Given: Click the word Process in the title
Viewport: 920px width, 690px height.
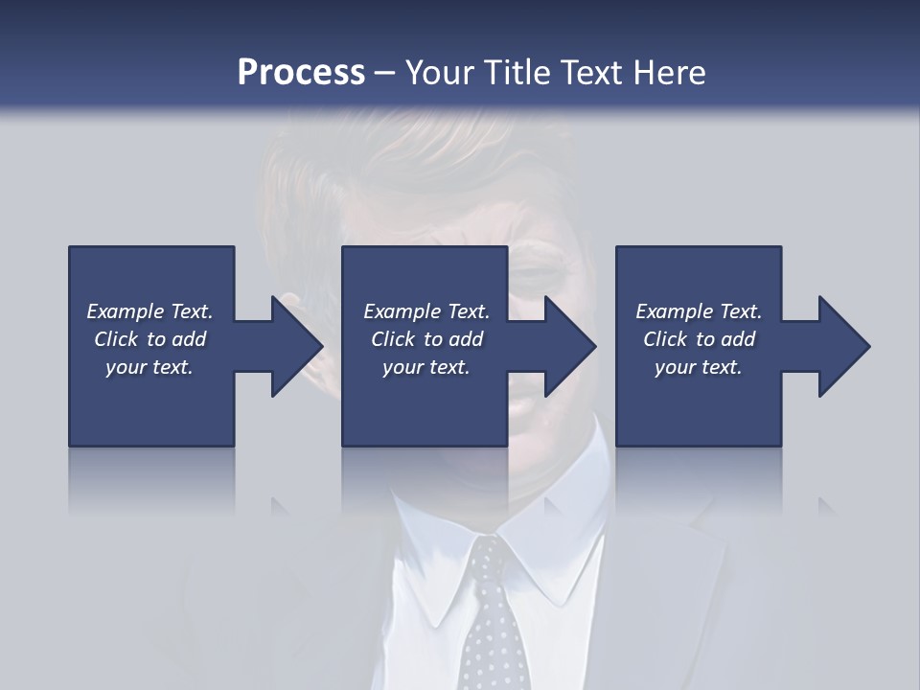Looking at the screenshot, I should [x=301, y=72].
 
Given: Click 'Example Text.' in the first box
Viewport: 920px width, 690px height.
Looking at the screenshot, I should [x=149, y=311].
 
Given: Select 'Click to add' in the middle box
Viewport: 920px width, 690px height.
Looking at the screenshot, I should [x=426, y=339].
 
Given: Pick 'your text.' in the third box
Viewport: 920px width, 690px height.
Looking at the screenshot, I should [x=698, y=367].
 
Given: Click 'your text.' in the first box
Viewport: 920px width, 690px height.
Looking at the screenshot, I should [x=149, y=367].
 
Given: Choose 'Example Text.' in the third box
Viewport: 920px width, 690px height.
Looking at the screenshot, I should [x=698, y=311].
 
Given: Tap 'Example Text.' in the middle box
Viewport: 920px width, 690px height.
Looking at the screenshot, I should [x=426, y=311].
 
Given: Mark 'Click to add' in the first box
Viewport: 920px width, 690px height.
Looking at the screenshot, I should [x=149, y=339].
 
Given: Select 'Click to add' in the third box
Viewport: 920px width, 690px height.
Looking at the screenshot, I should [x=698, y=339].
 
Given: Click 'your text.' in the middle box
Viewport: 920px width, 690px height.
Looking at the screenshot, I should [x=426, y=367].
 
